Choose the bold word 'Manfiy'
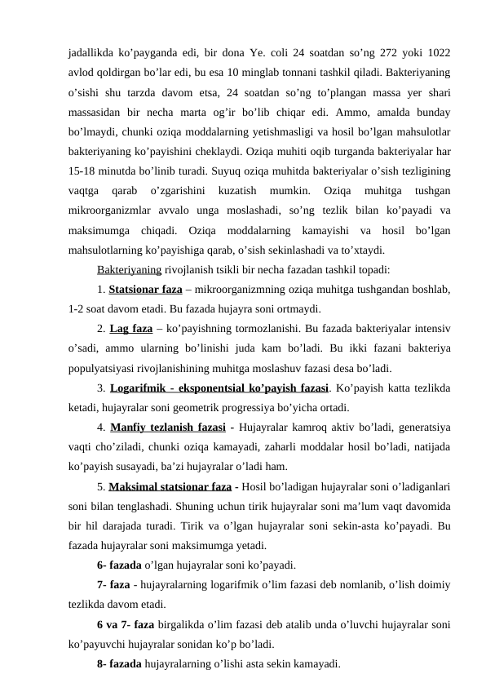(x=129, y=426)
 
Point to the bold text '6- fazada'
(x=119, y=565)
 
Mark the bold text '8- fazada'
(x=119, y=665)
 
